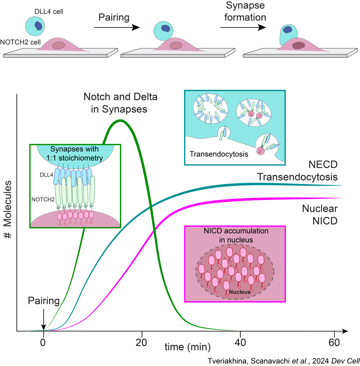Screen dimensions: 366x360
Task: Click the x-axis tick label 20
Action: (142, 341)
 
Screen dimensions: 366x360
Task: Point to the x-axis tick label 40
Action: (240, 341)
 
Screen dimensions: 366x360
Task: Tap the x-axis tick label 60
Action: (334, 341)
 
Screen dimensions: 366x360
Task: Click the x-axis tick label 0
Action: (43, 341)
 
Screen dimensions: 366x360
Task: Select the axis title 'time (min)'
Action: (187, 346)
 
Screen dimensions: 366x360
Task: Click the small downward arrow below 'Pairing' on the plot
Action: (43, 319)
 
